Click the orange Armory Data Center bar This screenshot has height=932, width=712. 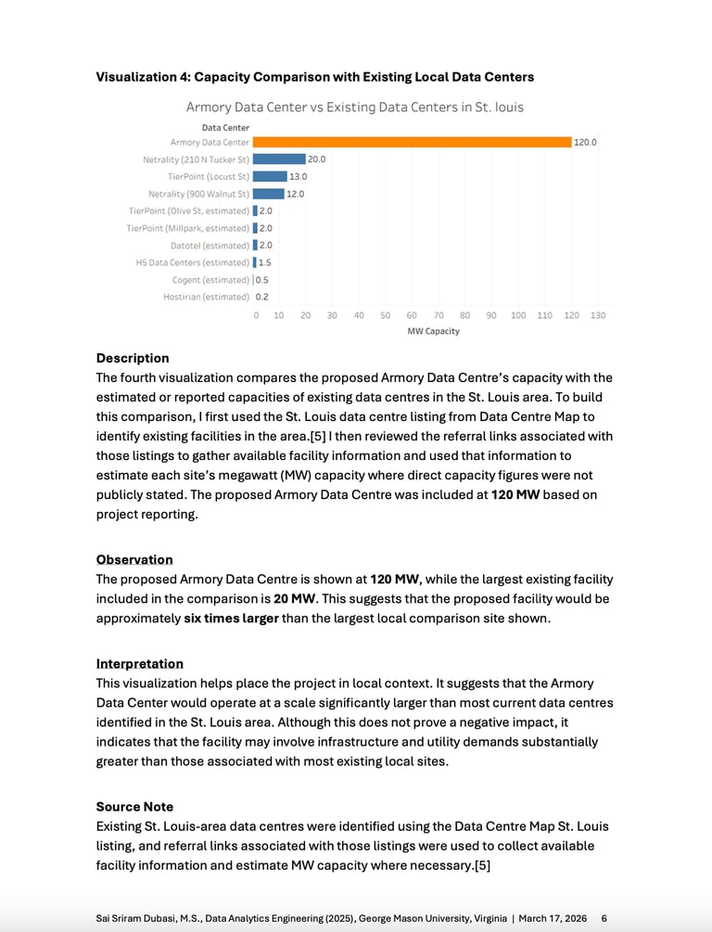tap(412, 142)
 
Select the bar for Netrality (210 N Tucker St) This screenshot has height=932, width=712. tap(279, 160)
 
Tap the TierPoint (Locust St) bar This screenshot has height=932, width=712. tap(270, 176)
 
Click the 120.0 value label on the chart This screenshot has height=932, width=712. tap(586, 142)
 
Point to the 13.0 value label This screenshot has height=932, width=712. tap(298, 176)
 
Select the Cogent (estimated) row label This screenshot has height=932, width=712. tap(210, 279)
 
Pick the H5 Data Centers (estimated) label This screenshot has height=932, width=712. tap(193, 262)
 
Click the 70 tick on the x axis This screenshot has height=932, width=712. tap(439, 315)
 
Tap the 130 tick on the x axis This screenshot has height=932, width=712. tap(598, 315)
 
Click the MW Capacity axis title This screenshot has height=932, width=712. tap(433, 331)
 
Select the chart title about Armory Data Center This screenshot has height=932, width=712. tap(355, 107)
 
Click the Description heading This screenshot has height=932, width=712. tap(133, 358)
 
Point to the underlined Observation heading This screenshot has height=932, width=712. tap(134, 559)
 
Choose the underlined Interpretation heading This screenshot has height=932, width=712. tap(140, 664)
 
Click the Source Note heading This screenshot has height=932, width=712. tap(134, 807)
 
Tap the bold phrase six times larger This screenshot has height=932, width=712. tap(231, 619)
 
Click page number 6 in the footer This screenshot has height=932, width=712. tap(604, 917)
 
